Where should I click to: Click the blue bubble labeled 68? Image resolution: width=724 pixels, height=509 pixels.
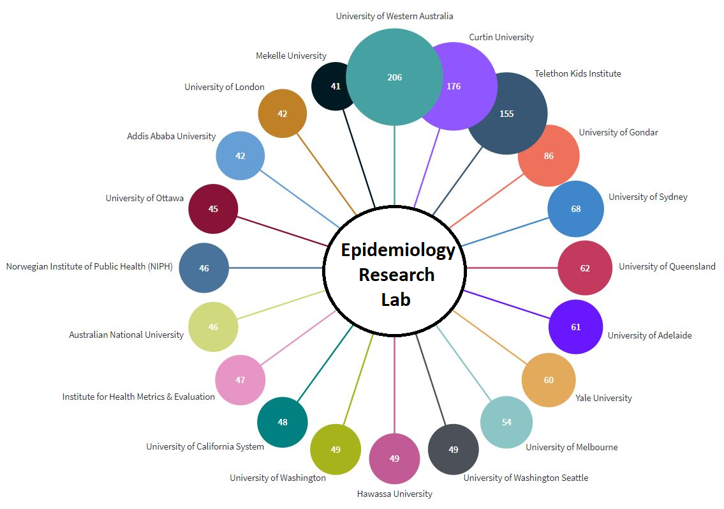point(576,209)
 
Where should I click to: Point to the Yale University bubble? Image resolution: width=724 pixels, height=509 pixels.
point(549,380)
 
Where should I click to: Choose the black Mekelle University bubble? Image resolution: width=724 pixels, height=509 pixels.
point(332,86)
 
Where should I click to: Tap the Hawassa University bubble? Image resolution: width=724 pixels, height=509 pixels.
point(394,459)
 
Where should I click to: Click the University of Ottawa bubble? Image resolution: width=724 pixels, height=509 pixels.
point(213,209)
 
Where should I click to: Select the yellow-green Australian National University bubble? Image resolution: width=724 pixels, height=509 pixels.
point(213,327)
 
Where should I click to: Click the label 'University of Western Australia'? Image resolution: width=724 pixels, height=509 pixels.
point(394,16)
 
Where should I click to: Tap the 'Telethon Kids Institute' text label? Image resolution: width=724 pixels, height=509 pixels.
point(577,73)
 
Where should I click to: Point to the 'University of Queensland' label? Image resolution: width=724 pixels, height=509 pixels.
point(667,266)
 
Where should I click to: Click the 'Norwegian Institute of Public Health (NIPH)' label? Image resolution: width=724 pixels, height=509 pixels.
point(89,266)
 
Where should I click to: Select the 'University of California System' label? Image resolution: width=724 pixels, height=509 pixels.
point(205,446)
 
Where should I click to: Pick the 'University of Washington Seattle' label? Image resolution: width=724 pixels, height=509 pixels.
point(526,478)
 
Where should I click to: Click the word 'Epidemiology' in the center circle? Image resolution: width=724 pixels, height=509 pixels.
point(397,250)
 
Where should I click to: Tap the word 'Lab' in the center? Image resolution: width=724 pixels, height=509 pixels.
point(395,299)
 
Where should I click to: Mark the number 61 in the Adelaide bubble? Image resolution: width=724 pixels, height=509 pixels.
point(575,327)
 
